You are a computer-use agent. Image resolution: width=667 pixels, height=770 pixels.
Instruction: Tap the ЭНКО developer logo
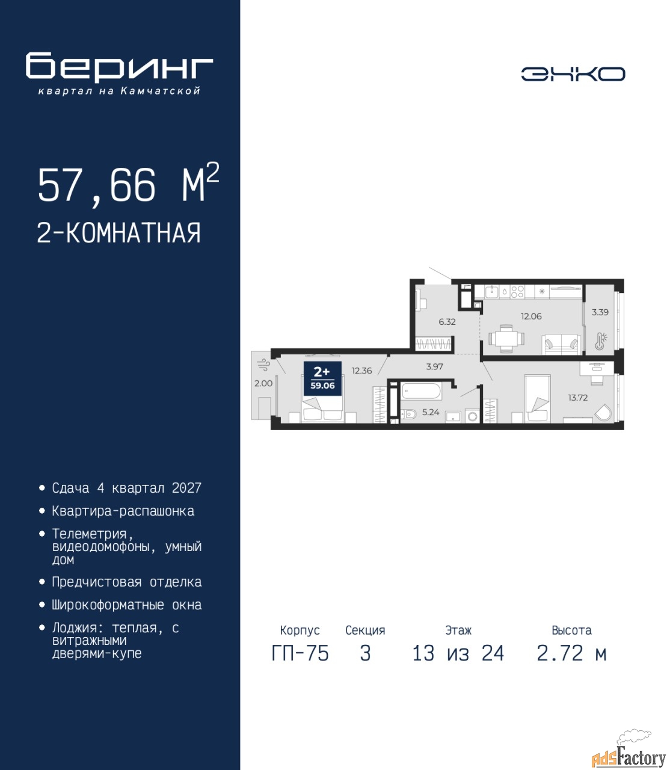click(573, 74)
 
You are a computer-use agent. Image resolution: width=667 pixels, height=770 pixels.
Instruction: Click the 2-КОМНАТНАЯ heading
click(119, 233)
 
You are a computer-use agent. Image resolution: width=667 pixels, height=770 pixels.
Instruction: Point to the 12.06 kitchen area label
click(531, 316)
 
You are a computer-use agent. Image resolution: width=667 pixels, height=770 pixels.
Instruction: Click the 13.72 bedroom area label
click(577, 398)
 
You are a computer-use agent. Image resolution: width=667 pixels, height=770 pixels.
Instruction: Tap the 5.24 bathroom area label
click(431, 412)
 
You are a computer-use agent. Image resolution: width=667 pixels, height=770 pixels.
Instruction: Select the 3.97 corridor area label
click(434, 366)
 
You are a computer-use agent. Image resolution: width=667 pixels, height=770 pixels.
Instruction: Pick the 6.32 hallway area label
click(447, 322)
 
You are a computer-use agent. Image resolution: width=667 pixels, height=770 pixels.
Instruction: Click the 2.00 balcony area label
click(263, 383)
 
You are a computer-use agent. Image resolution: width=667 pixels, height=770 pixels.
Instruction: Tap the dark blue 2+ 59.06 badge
click(322, 378)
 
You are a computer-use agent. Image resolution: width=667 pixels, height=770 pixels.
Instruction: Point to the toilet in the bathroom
click(408, 413)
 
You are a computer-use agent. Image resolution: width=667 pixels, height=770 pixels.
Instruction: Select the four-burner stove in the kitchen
click(517, 291)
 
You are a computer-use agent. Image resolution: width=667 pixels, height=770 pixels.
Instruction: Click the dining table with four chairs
click(506, 339)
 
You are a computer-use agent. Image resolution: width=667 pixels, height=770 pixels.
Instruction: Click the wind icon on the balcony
click(263, 365)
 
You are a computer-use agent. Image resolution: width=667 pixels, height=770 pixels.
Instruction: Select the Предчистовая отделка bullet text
click(127, 582)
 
